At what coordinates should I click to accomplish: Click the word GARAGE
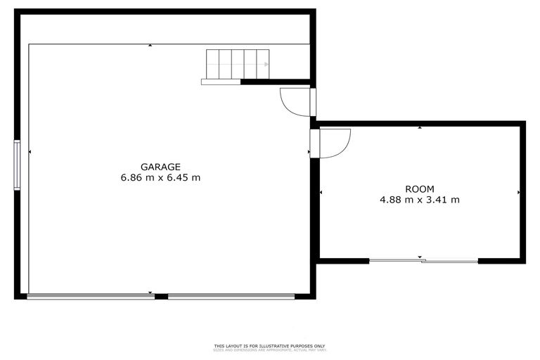(x=160, y=167)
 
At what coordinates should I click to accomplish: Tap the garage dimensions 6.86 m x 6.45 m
(x=160, y=178)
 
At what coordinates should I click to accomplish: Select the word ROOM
(x=420, y=188)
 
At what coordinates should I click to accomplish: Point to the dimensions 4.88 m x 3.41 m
(x=420, y=200)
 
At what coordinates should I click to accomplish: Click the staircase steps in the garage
(x=237, y=64)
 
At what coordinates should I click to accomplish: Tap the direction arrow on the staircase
(x=265, y=65)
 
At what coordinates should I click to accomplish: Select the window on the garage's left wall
(x=17, y=165)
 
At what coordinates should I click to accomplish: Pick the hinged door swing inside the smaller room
(x=333, y=143)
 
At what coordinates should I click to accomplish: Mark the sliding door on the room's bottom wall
(x=423, y=262)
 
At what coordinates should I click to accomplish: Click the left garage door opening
(x=91, y=297)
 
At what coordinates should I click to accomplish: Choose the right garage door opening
(x=231, y=297)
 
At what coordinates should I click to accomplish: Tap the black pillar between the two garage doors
(x=161, y=297)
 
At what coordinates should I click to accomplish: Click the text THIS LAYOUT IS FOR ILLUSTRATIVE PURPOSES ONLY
(x=270, y=346)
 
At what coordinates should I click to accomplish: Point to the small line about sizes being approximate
(x=270, y=349)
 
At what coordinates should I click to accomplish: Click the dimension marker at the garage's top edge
(x=150, y=46)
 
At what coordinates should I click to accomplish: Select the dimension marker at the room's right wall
(x=519, y=192)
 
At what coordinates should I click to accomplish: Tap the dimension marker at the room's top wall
(x=420, y=128)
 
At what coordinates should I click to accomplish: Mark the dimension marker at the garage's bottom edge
(x=150, y=292)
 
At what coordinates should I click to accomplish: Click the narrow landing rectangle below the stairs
(x=221, y=82)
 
